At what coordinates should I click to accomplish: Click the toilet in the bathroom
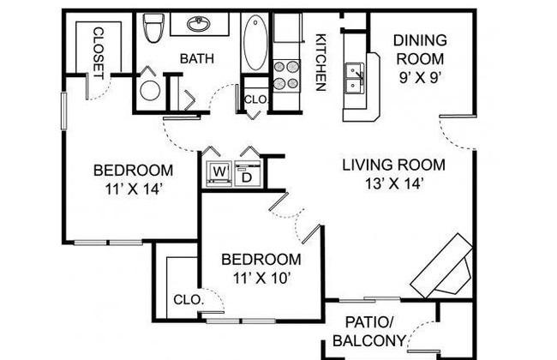153,27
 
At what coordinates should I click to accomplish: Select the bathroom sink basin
199,24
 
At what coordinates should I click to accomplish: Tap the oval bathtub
255,42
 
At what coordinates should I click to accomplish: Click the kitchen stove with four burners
286,75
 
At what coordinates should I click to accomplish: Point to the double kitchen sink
355,78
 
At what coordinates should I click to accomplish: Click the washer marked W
219,173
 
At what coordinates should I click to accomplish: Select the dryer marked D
248,173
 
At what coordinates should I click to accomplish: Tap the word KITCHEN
320,63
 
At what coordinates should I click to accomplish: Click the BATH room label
197,58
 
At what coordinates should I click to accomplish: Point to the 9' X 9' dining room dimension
420,77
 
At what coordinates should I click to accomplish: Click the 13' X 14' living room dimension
394,183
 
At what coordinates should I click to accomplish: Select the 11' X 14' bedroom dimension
134,189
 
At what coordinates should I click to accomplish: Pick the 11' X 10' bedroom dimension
262,279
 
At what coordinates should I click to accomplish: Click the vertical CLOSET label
99,53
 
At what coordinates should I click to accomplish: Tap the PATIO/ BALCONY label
369,332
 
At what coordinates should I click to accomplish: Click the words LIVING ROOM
393,165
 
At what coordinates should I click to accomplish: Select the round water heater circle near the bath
150,90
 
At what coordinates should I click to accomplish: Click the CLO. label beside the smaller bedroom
189,300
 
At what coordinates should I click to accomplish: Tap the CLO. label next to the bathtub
255,99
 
